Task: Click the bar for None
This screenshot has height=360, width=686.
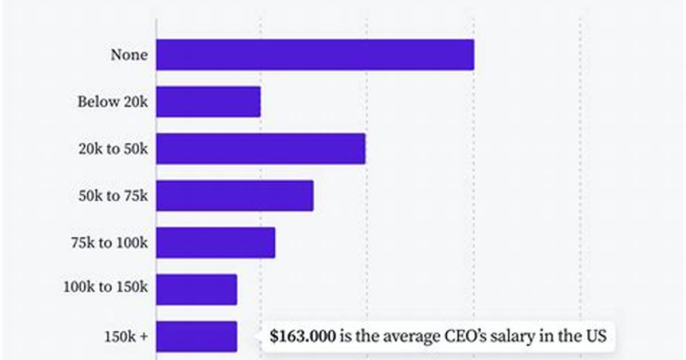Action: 315,54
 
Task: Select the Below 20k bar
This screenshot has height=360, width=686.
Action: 208,102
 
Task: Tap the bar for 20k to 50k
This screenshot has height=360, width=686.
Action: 261,148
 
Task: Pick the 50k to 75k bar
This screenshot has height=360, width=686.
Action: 235,195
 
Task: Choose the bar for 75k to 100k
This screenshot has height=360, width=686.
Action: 216,242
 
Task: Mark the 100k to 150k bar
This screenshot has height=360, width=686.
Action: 196,289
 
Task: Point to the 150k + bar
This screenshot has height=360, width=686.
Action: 196,336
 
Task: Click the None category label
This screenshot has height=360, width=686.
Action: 129,55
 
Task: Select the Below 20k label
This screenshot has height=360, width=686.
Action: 112,102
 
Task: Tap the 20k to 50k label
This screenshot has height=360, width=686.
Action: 113,148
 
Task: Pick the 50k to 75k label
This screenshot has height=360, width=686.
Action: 113,195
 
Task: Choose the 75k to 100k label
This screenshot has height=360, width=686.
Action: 110,242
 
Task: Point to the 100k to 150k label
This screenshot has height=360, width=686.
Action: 106,287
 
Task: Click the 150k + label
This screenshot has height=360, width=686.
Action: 126,337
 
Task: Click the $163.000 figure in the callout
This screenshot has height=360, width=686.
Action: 303,336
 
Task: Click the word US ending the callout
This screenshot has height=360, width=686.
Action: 596,336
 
